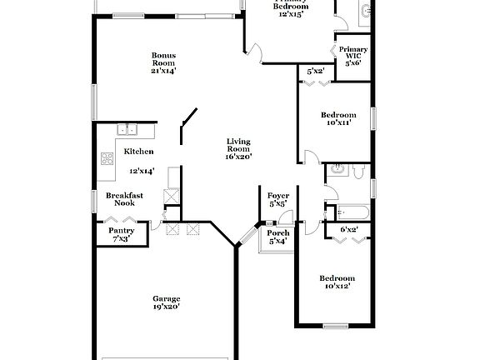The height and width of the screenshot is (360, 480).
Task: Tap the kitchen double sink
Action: (127, 130)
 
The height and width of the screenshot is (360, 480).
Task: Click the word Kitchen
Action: (138, 152)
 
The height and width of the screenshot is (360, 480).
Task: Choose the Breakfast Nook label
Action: (124, 199)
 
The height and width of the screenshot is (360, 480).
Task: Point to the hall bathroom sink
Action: (336, 169)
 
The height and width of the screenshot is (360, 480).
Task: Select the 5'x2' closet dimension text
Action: (316, 72)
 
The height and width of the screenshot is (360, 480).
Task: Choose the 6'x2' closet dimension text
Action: (349, 228)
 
